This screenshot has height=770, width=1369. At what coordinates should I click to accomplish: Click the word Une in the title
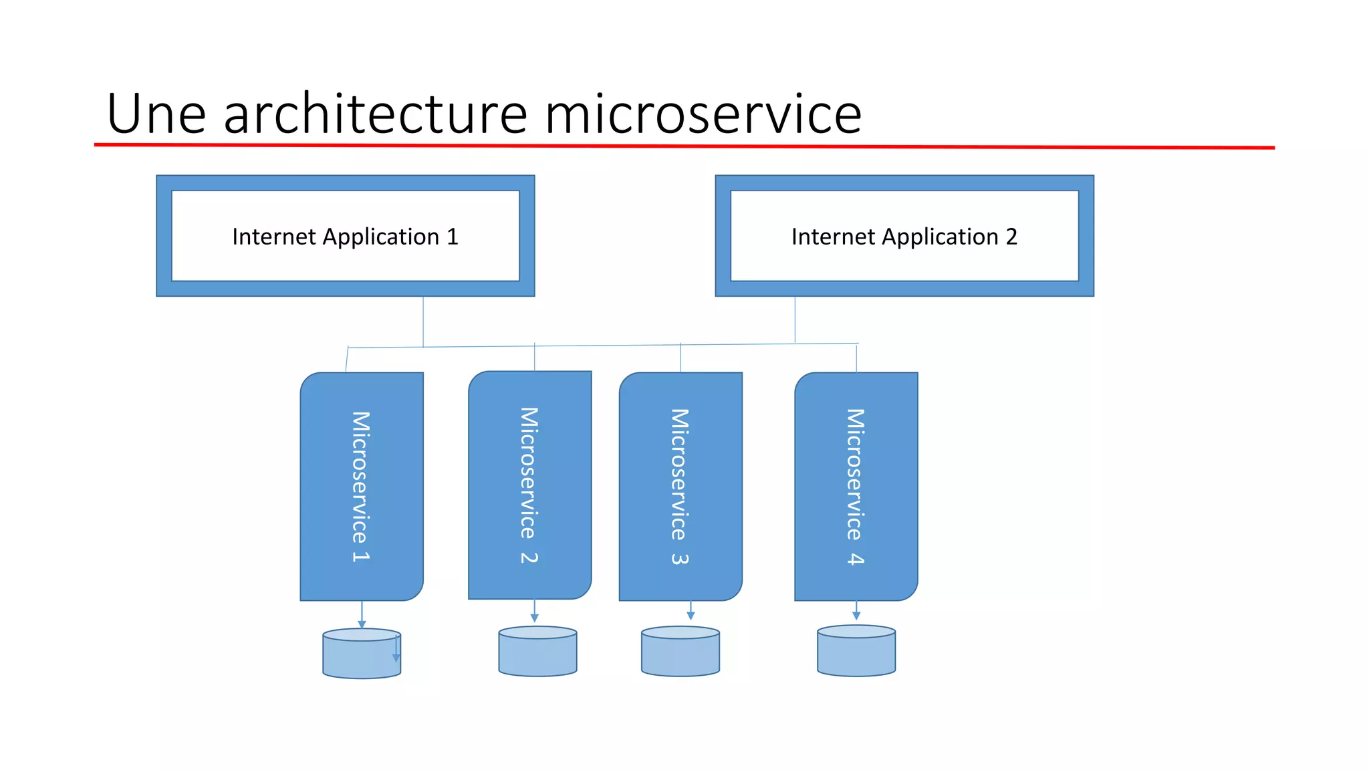156,114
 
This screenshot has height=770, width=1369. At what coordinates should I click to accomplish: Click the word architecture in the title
376,114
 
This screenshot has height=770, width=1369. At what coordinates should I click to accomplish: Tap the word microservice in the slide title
703,114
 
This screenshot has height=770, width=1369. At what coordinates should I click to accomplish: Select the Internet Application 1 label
345,237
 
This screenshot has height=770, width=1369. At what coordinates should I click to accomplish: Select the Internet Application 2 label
904,237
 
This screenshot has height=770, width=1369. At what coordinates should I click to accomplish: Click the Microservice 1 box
362,486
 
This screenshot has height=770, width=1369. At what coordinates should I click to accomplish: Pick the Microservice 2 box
530,485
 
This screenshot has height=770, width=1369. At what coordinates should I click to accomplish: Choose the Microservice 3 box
680,486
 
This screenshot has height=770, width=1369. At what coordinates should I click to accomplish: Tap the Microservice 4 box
856,486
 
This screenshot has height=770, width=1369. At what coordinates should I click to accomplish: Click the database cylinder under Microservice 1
361,655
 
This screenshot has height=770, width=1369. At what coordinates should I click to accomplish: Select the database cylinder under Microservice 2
537,652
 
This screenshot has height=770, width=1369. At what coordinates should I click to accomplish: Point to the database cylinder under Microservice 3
680,652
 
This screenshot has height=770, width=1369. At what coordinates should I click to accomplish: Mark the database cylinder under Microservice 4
856,652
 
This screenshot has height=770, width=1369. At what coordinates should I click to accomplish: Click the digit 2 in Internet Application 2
1011,237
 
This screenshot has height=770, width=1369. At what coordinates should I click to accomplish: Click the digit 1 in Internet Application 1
453,237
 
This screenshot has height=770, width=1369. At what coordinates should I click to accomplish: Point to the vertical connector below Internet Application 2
795,319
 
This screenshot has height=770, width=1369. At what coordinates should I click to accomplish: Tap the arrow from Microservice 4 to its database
856,610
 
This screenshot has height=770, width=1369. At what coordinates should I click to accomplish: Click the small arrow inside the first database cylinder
396,650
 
